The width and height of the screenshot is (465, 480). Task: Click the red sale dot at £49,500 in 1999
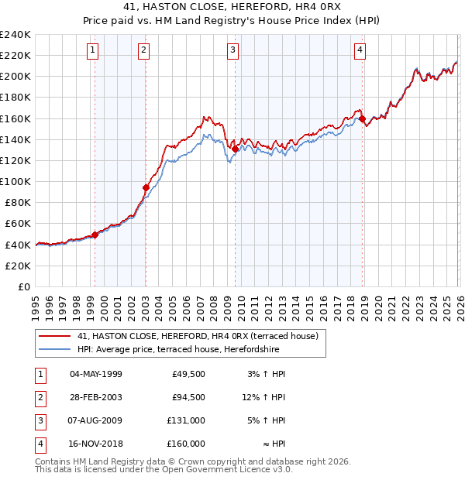coord(95,235)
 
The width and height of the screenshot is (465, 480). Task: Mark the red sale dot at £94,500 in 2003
coord(146,187)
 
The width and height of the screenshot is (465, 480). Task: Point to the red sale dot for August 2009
coord(235,149)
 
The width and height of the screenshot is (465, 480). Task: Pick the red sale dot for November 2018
coord(362,118)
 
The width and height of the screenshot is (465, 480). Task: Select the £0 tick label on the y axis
coord(23,286)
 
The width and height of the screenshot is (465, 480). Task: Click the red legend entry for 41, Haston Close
coord(198,336)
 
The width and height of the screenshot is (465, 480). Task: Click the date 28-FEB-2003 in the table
coord(95,397)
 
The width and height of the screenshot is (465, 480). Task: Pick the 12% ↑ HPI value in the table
coord(263,397)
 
